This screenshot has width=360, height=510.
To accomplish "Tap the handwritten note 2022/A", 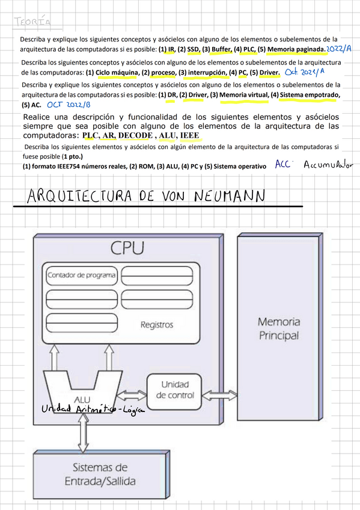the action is tap(340, 48).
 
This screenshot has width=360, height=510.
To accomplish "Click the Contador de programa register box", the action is tap(81, 275).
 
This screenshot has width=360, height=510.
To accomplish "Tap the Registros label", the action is tap(157, 325).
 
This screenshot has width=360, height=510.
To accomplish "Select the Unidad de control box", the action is tap(175, 389).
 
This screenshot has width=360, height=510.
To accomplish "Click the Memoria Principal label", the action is tap(278, 328).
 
